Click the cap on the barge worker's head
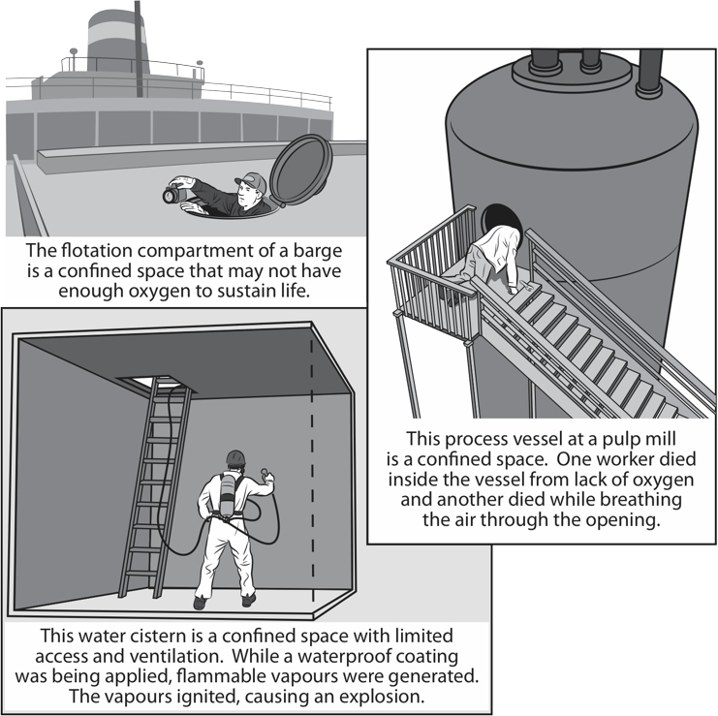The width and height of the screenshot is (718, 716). pos(250,181)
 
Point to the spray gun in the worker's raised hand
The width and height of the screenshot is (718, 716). pos(264,476)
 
